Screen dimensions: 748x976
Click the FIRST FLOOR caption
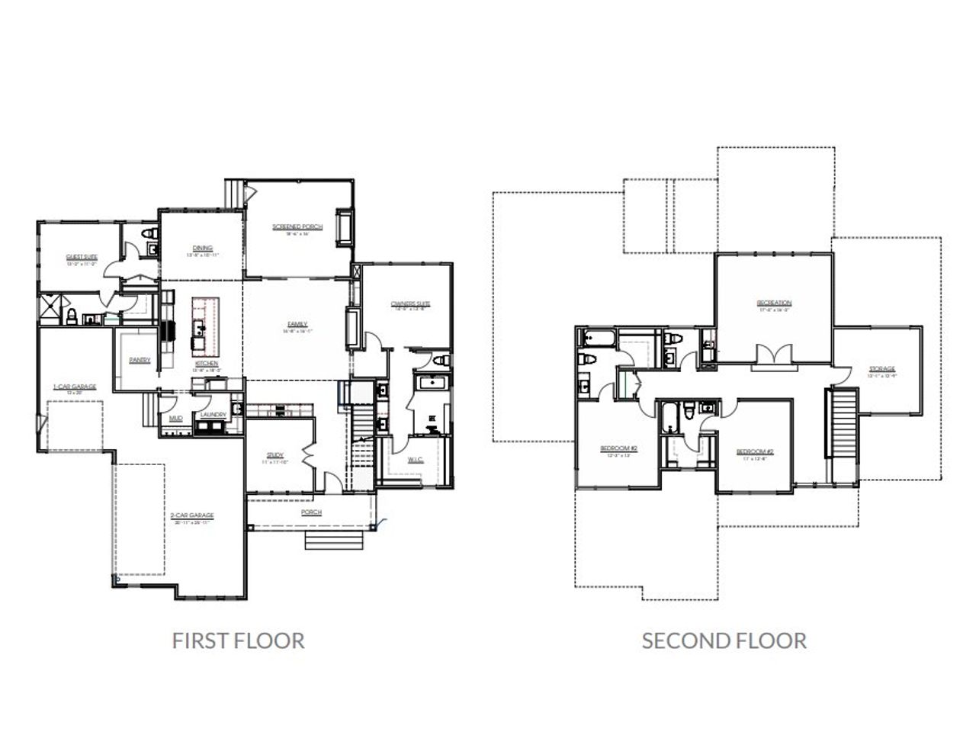(238, 640)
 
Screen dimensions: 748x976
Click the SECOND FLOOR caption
(724, 640)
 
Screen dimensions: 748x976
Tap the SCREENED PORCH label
(297, 227)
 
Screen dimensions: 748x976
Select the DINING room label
(202, 248)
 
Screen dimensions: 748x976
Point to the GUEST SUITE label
(82, 258)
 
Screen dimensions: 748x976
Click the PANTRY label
(140, 360)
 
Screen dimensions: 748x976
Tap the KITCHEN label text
(207, 364)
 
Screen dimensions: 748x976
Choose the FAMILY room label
(297, 324)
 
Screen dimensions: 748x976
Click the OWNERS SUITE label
(410, 303)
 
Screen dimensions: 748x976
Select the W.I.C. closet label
(415, 459)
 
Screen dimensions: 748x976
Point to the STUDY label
(275, 456)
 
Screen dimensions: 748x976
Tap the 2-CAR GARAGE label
(191, 515)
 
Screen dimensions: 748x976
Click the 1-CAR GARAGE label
(75, 387)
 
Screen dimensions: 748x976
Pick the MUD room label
(175, 418)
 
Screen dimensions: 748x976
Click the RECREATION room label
(774, 303)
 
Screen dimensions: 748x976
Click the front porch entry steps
(332, 540)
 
